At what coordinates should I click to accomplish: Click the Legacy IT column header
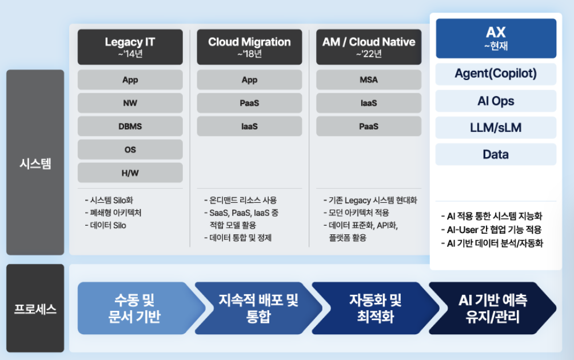click(130, 47)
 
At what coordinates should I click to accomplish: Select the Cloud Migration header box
click(249, 47)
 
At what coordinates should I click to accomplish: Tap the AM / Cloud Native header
click(369, 47)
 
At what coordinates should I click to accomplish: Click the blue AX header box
click(496, 38)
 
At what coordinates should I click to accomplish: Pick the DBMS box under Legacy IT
click(130, 126)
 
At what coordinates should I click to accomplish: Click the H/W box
click(130, 173)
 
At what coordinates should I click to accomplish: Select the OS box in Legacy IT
click(130, 150)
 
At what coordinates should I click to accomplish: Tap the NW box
click(130, 103)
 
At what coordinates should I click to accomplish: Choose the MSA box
click(369, 80)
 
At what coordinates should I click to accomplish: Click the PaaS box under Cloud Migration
click(249, 103)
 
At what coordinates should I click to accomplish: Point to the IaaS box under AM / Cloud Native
click(369, 103)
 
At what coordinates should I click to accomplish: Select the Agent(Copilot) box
click(496, 74)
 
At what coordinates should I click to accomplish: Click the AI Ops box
click(496, 101)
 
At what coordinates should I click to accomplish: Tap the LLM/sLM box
click(496, 127)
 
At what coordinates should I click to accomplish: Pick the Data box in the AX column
click(496, 154)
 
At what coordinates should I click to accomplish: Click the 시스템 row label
click(35, 163)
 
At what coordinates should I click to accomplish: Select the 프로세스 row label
click(35, 309)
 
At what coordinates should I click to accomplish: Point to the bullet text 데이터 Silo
click(108, 225)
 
